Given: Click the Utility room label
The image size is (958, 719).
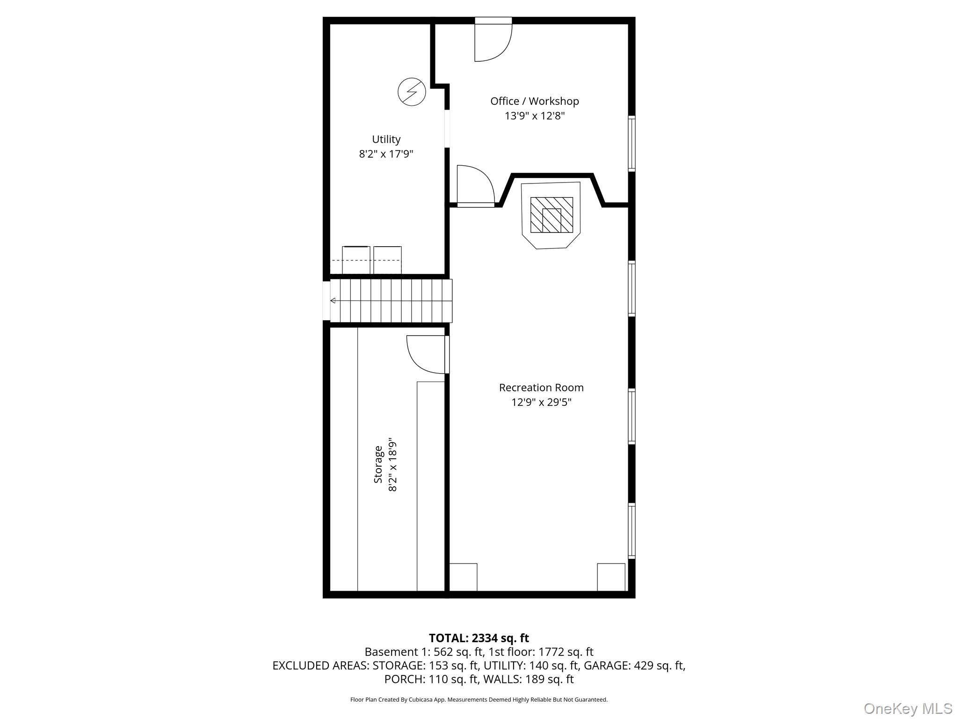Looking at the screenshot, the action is tap(386, 139).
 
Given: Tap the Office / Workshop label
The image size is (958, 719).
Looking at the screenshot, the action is tap(535, 101).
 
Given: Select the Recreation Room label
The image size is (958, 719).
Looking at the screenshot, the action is tap(541, 388).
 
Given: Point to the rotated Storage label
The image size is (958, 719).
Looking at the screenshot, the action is tap(378, 464).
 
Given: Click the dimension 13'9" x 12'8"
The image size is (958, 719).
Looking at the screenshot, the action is tap(535, 116).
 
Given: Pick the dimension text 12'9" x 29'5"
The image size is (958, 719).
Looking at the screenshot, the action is tap(541, 402).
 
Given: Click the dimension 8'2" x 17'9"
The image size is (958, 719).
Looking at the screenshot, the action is tap(386, 154).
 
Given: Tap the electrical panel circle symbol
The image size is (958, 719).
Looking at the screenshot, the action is tap(412, 91).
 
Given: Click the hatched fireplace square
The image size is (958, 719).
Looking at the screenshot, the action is tap(552, 215).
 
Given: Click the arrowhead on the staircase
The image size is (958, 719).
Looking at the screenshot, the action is tap(333, 301).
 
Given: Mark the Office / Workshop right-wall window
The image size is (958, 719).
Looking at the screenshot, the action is tap(631, 144).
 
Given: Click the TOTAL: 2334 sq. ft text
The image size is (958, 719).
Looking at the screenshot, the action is tap(479, 638).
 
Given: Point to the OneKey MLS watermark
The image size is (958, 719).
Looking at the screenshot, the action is tap(908, 708).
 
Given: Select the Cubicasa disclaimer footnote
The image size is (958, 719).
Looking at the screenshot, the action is tap(479, 700).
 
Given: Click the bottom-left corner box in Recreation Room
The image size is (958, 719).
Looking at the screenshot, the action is tap(463, 577).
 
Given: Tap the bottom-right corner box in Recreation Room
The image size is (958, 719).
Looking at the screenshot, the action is tap(611, 577).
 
